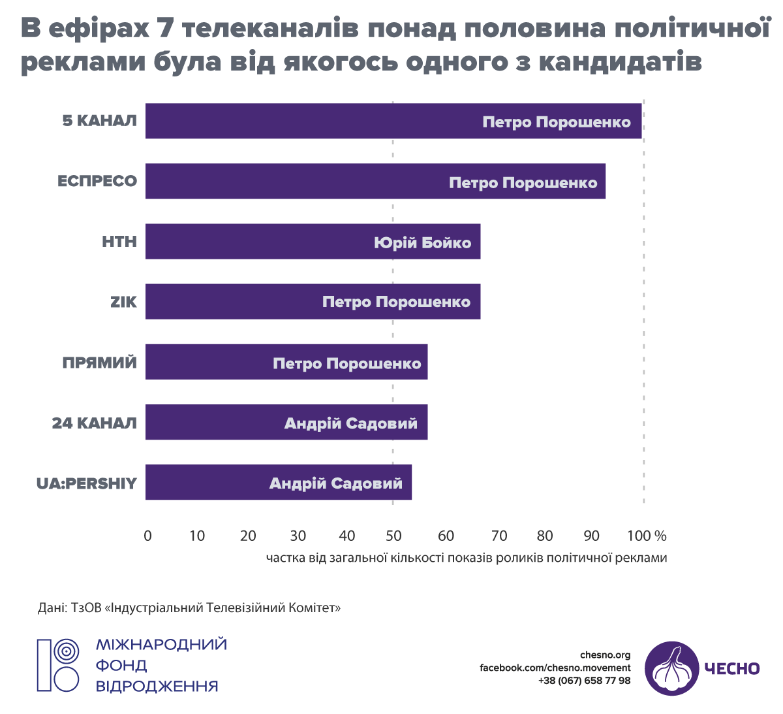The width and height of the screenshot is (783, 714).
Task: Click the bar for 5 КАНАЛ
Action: click(x=326, y=122)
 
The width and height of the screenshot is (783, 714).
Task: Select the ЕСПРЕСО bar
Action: click(x=294, y=182)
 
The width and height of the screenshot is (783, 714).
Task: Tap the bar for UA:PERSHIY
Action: click(x=209, y=483)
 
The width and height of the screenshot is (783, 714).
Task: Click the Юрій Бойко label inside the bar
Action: click(x=422, y=243)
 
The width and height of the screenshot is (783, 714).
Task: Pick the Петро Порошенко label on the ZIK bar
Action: click(x=396, y=302)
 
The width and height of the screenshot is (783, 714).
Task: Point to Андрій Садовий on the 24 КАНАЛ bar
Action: click(x=350, y=423)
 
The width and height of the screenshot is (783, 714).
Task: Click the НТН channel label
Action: click(x=119, y=242)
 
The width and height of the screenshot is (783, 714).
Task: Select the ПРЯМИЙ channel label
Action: click(x=100, y=363)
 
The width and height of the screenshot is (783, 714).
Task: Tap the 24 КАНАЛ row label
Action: click(x=95, y=423)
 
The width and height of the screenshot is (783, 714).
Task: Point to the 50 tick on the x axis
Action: click(x=393, y=536)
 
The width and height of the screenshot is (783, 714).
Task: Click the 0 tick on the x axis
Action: click(x=147, y=536)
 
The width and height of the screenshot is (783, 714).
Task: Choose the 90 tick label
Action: click(x=591, y=536)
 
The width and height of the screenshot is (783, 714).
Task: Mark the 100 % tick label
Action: click(x=647, y=536)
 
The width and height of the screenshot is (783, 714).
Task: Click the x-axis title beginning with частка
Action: click(x=467, y=558)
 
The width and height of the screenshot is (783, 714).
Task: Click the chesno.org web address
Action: click(x=605, y=655)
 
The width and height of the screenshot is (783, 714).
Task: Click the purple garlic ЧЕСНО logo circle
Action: click(x=671, y=668)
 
